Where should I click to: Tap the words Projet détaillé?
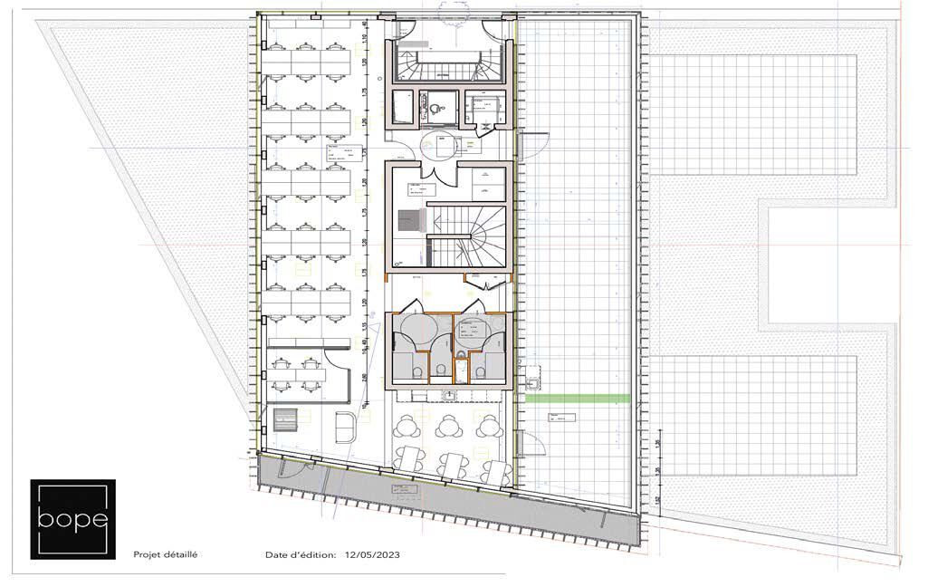point(165,554)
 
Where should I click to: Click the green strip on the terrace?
point(578,399)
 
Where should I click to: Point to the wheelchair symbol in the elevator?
point(437,106)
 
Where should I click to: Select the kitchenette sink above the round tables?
point(451,396)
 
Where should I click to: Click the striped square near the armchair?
point(287,422)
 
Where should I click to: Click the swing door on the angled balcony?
point(290,468)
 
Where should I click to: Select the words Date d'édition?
point(300,554)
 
